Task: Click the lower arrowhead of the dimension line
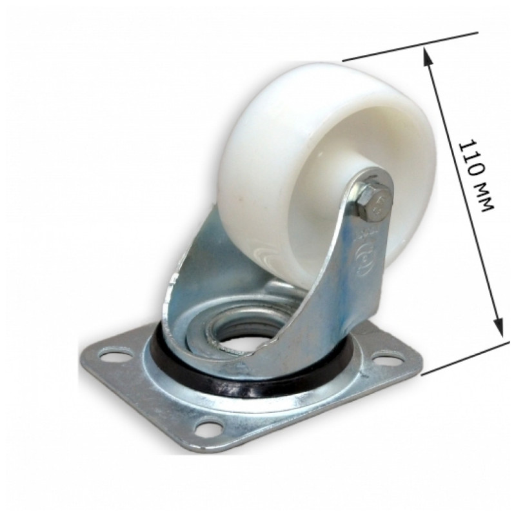498,325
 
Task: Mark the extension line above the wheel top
410,46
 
